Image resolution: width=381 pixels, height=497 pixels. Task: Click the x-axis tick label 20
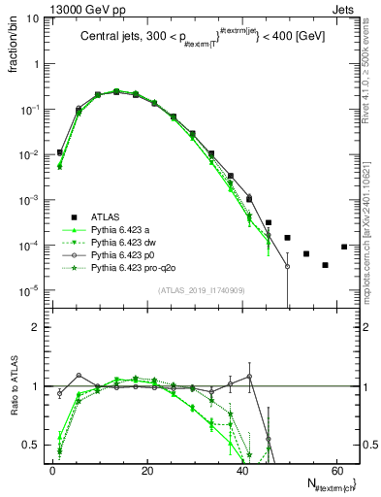point(146,470)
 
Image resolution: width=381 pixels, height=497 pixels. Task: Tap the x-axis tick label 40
point(241,470)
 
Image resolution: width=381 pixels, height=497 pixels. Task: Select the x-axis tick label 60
point(335,470)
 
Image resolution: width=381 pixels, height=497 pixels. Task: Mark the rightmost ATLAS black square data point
point(344,247)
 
